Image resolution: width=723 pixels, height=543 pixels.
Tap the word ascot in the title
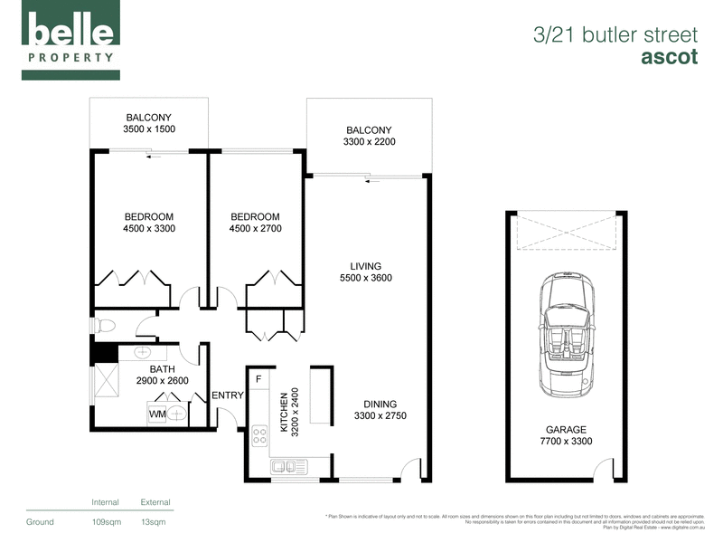pyautogui.click(x=669, y=57)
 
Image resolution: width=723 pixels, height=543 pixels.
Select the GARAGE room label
pyautogui.click(x=566, y=430)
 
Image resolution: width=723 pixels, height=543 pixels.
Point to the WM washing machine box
pyautogui.click(x=158, y=414)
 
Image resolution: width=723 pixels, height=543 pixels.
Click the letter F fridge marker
pyautogui.click(x=258, y=379)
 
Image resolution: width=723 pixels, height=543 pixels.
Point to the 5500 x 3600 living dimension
pyautogui.click(x=365, y=278)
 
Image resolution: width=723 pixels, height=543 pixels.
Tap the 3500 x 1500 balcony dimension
pyautogui.click(x=149, y=129)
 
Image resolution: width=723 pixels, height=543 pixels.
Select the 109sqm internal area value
pyautogui.click(x=106, y=522)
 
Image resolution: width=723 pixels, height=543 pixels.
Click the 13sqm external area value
pyautogui.click(x=154, y=522)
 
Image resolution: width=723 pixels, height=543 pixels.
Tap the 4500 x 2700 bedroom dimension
pyautogui.click(x=255, y=229)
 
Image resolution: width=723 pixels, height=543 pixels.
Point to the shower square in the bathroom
pyautogui.click(x=108, y=376)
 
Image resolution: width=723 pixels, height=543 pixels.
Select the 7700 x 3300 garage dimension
pyautogui.click(x=566, y=443)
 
